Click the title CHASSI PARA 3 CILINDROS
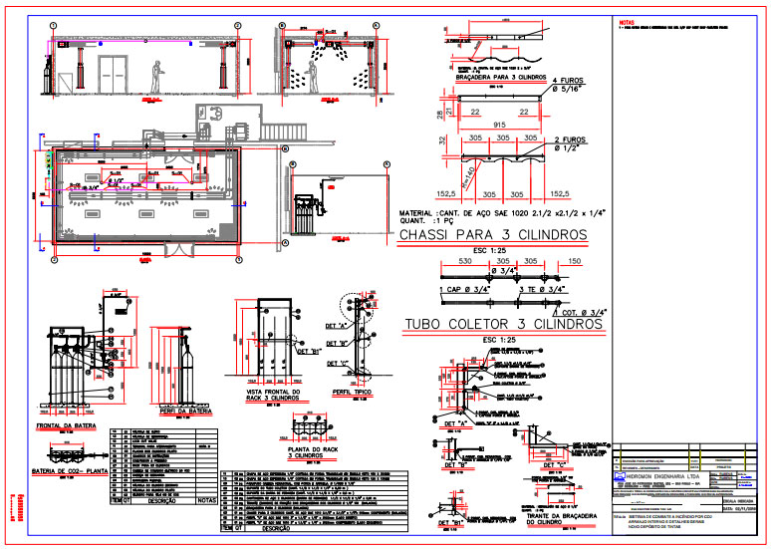click(490, 235)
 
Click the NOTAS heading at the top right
click(626, 20)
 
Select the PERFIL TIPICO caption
click(351, 394)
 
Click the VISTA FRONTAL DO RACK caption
click(268, 397)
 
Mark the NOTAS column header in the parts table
click(206, 500)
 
